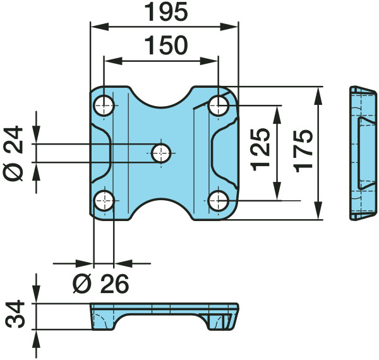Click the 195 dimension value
[x=166, y=12]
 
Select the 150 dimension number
[x=166, y=45]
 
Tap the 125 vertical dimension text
[x=260, y=150]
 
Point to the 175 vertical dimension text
[x=304, y=151]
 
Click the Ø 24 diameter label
[x=13, y=153]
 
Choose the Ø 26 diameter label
[x=101, y=284]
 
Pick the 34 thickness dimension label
[x=15, y=314]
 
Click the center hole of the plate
[x=161, y=153]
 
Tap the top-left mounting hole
[x=104, y=105]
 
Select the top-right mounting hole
[x=219, y=105]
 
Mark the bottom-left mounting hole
[x=104, y=201]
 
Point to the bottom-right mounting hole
[x=219, y=201]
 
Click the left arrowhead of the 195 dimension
[x=99, y=27]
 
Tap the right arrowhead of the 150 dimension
[x=209, y=61]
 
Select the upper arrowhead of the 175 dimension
[x=319, y=95]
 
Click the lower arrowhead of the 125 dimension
[x=278, y=191]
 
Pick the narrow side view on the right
[x=363, y=153]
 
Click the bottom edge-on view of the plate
[x=164, y=316]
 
